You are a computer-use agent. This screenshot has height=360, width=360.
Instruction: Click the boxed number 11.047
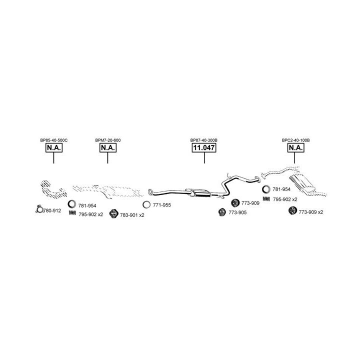tap(204, 147)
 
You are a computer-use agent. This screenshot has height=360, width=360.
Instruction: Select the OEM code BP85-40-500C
tap(54, 140)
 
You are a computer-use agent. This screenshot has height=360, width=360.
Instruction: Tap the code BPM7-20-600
tap(108, 140)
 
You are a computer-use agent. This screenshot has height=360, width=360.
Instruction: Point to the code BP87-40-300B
tap(204, 140)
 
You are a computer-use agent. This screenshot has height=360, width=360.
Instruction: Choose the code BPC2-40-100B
tap(295, 140)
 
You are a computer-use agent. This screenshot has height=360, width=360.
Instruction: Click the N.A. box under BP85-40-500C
tap(54, 147)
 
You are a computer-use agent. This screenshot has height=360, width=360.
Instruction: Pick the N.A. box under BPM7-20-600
tap(108, 147)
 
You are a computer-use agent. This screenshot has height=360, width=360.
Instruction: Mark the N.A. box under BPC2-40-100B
tap(296, 147)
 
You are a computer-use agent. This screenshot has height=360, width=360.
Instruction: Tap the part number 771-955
tap(162, 205)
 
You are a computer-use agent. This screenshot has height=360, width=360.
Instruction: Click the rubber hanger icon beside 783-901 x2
tap(113, 214)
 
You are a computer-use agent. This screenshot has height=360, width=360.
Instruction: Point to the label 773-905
tap(237, 212)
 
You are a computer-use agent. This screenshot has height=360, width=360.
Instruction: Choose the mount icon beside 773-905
tap(222, 212)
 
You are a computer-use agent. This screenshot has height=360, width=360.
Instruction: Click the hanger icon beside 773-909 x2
tap(292, 210)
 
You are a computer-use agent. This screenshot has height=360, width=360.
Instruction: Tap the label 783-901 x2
tap(132, 215)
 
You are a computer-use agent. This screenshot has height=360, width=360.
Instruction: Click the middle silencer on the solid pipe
tap(198, 192)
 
